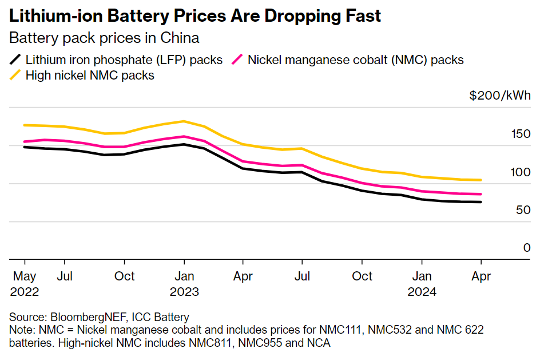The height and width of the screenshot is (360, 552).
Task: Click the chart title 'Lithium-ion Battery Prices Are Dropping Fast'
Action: [x=195, y=16]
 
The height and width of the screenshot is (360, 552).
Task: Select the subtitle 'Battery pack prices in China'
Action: [x=104, y=38]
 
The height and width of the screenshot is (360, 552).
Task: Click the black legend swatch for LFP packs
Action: [x=16, y=59]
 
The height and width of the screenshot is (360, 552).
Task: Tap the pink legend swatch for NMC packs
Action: [x=238, y=59]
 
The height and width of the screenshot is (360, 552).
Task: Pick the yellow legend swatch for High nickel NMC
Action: [x=16, y=75]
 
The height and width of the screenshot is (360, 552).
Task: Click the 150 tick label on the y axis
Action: [x=521, y=134]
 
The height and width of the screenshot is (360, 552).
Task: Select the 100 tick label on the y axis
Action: [x=521, y=172]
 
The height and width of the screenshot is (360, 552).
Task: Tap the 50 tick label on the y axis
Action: [x=523, y=210]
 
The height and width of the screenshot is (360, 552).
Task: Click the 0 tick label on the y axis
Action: [x=527, y=248]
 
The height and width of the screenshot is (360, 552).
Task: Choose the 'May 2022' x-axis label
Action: [x=25, y=283]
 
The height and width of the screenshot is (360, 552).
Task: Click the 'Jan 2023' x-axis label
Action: [x=184, y=283]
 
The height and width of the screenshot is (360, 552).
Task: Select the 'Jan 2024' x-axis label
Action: [x=422, y=283]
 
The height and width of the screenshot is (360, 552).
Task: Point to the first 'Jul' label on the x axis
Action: [x=64, y=276]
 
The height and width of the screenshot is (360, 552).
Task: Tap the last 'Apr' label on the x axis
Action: [x=480, y=276]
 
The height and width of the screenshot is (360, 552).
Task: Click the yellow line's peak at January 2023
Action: [x=183, y=121]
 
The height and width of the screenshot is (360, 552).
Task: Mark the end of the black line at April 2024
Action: [x=480, y=202]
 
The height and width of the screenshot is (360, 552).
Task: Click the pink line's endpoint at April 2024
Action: [x=480, y=195]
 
